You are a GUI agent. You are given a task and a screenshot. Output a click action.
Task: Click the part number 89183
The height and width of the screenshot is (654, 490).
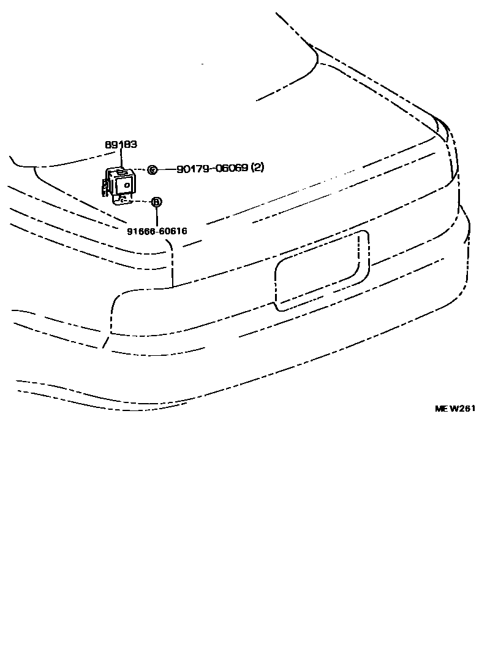point(121,145)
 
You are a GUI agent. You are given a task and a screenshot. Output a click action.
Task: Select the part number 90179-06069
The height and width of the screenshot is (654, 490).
point(213,168)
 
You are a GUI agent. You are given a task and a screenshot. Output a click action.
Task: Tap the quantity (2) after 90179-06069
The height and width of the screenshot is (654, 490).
point(258,168)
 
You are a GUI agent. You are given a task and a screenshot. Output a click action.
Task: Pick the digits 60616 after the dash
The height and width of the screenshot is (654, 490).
point(173,231)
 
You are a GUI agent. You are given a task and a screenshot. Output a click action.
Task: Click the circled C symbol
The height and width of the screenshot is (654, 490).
point(153,169)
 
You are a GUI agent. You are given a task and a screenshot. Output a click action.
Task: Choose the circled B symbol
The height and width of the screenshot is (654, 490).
point(156,201)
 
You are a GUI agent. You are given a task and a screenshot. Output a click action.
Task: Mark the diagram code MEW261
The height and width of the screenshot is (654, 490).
point(455,409)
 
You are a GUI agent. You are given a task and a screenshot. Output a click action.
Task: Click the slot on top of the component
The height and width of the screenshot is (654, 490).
point(123,172)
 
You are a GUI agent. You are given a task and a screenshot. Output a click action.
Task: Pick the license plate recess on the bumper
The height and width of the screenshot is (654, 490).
point(322,271)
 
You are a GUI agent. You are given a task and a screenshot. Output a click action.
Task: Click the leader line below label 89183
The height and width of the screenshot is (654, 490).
point(121,158)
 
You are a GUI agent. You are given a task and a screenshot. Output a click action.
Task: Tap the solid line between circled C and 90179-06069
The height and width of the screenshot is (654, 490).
point(166,169)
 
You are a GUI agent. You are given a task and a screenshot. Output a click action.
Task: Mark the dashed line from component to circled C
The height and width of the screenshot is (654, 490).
point(140,169)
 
